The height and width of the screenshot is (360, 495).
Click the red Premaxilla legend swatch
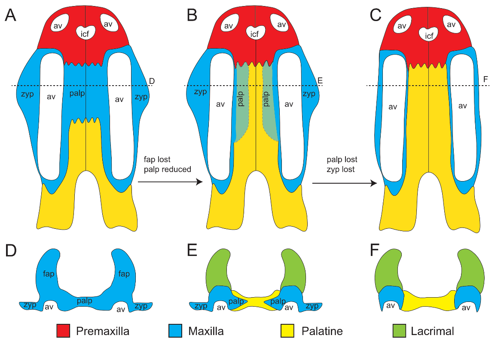pos(63,331)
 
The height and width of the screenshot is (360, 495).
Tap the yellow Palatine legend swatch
pos(287,331)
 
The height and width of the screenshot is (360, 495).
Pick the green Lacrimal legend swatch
pos(400,331)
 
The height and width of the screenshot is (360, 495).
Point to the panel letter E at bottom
pos(192,250)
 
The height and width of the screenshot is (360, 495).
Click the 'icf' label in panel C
pos(429,36)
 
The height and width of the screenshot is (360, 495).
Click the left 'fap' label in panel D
pos(48,274)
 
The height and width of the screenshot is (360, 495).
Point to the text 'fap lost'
pos(158,160)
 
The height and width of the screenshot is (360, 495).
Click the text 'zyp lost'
pos(340,169)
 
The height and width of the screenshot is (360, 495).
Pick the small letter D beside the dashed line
pos(151,81)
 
